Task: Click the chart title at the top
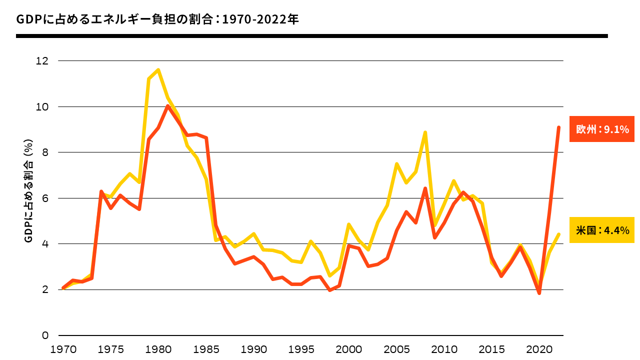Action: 157,19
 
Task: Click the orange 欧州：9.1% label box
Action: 602,129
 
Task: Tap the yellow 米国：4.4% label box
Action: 602,230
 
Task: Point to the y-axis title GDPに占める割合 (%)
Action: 28,198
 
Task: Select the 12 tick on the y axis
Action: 42,61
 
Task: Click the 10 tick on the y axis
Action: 42,107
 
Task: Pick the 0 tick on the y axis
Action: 45,335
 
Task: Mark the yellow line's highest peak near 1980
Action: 158,70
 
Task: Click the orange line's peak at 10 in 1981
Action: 168,106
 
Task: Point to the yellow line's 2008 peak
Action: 425,132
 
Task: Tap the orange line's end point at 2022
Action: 558,127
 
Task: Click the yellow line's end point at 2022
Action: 558,234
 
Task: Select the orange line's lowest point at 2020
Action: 539,293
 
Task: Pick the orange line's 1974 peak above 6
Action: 101,191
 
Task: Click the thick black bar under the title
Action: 312,36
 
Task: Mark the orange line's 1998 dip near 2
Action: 330,290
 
